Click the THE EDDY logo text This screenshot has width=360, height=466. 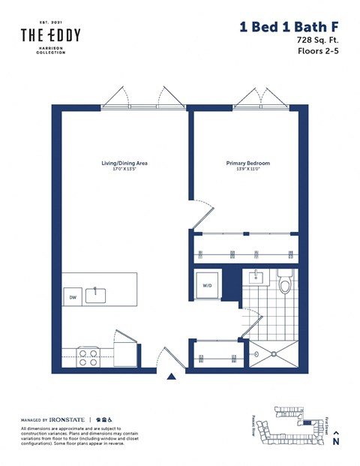[x=50, y=35]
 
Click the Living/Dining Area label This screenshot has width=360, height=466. [x=124, y=163]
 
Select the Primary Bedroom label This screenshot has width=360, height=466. [x=247, y=163]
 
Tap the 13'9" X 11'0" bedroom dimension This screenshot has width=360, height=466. [x=247, y=169]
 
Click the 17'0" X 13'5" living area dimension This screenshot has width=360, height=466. [x=124, y=169]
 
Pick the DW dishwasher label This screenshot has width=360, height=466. [x=73, y=297]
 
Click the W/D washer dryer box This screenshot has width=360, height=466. [x=207, y=284]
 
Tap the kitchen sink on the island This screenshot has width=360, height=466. [x=95, y=295]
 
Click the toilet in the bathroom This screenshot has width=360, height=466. [x=284, y=284]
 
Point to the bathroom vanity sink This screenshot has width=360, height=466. [x=255, y=277]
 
